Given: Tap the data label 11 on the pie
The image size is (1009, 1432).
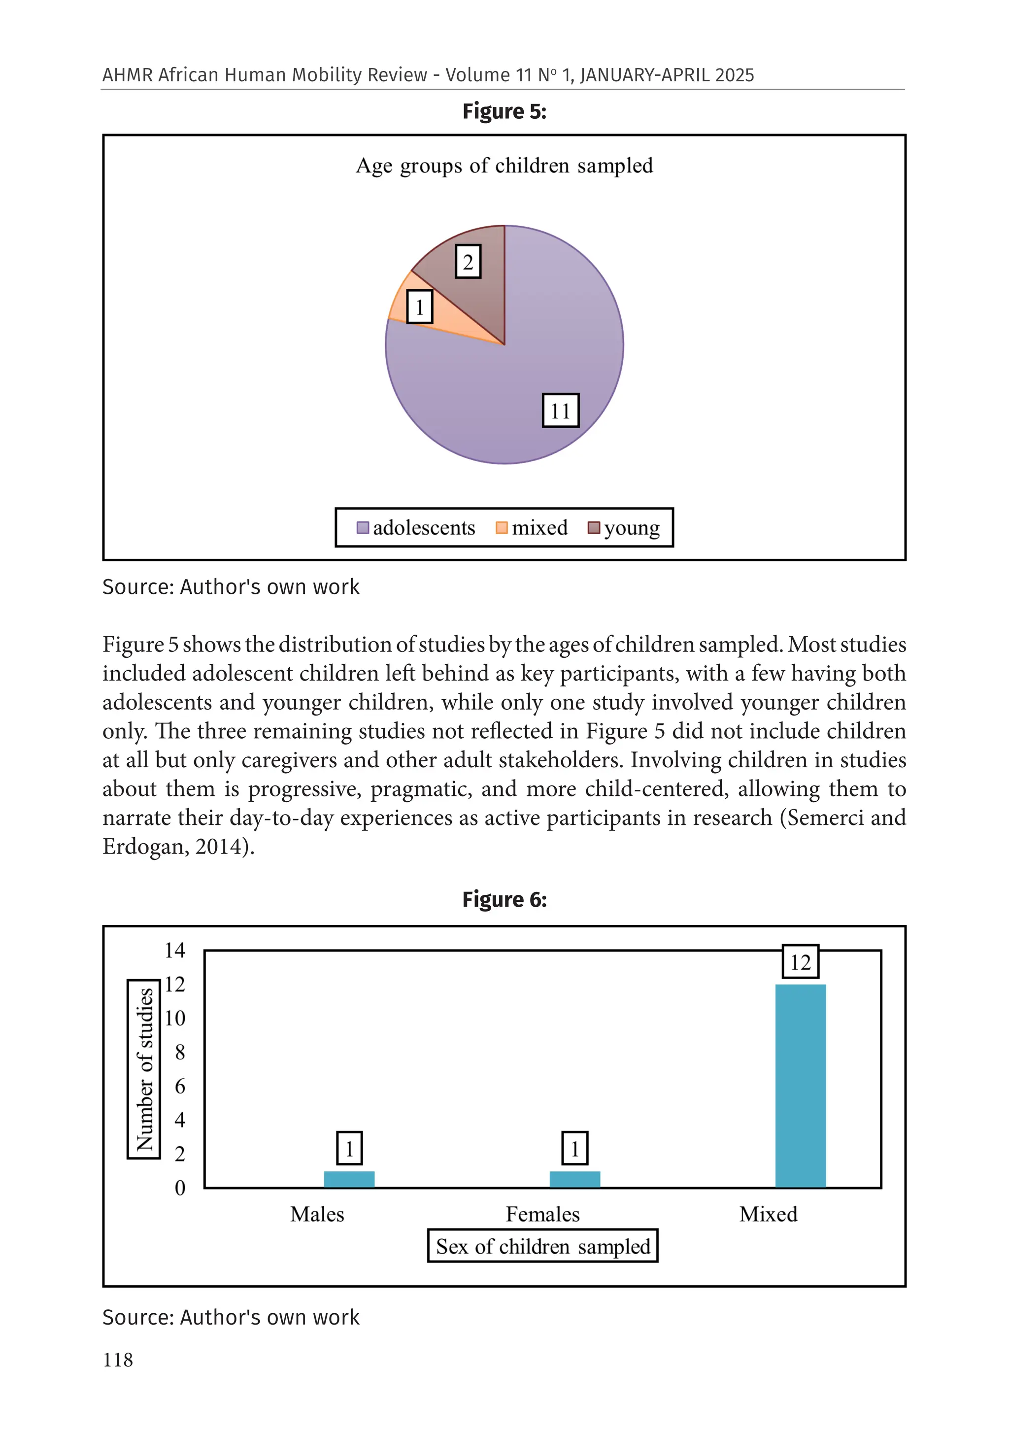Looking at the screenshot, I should tap(560, 410).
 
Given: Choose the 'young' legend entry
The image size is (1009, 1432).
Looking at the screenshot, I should tap(624, 528).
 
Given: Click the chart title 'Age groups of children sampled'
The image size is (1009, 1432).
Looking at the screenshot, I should tap(504, 166).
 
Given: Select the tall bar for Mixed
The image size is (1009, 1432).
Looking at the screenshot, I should tap(800, 1085).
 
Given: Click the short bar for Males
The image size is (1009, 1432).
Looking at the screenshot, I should tap(349, 1179).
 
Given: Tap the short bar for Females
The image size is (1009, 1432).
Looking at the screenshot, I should tap(574, 1179).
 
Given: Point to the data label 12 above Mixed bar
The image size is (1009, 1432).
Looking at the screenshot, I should tap(800, 962).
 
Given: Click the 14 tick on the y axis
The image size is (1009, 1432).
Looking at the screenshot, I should tap(174, 951).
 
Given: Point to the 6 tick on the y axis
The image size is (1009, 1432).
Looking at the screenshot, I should tap(180, 1086).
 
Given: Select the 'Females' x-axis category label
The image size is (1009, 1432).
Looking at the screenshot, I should tap(542, 1214).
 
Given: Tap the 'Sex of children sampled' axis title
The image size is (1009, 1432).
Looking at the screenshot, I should tap(542, 1246).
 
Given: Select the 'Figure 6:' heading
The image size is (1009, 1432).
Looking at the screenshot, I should tap(504, 899).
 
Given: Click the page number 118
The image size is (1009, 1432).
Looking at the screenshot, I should tap(118, 1360).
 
